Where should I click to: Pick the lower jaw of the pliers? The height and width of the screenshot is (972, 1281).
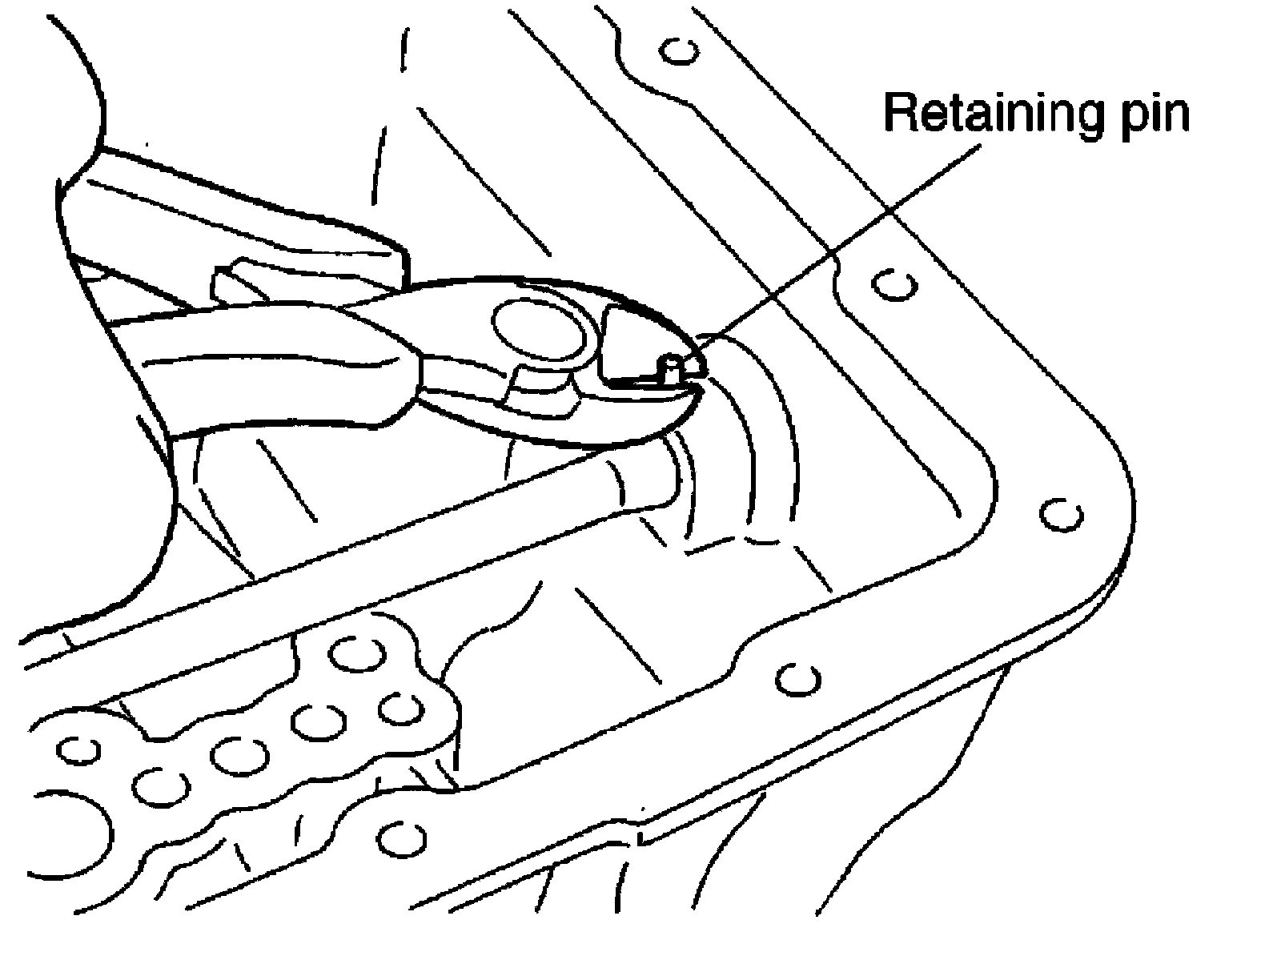608,416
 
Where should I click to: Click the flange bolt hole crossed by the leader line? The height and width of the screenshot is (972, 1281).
893,284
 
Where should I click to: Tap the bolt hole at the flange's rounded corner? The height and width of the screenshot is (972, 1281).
1062,514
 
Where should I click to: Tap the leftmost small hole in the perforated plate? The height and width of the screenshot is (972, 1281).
78,750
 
